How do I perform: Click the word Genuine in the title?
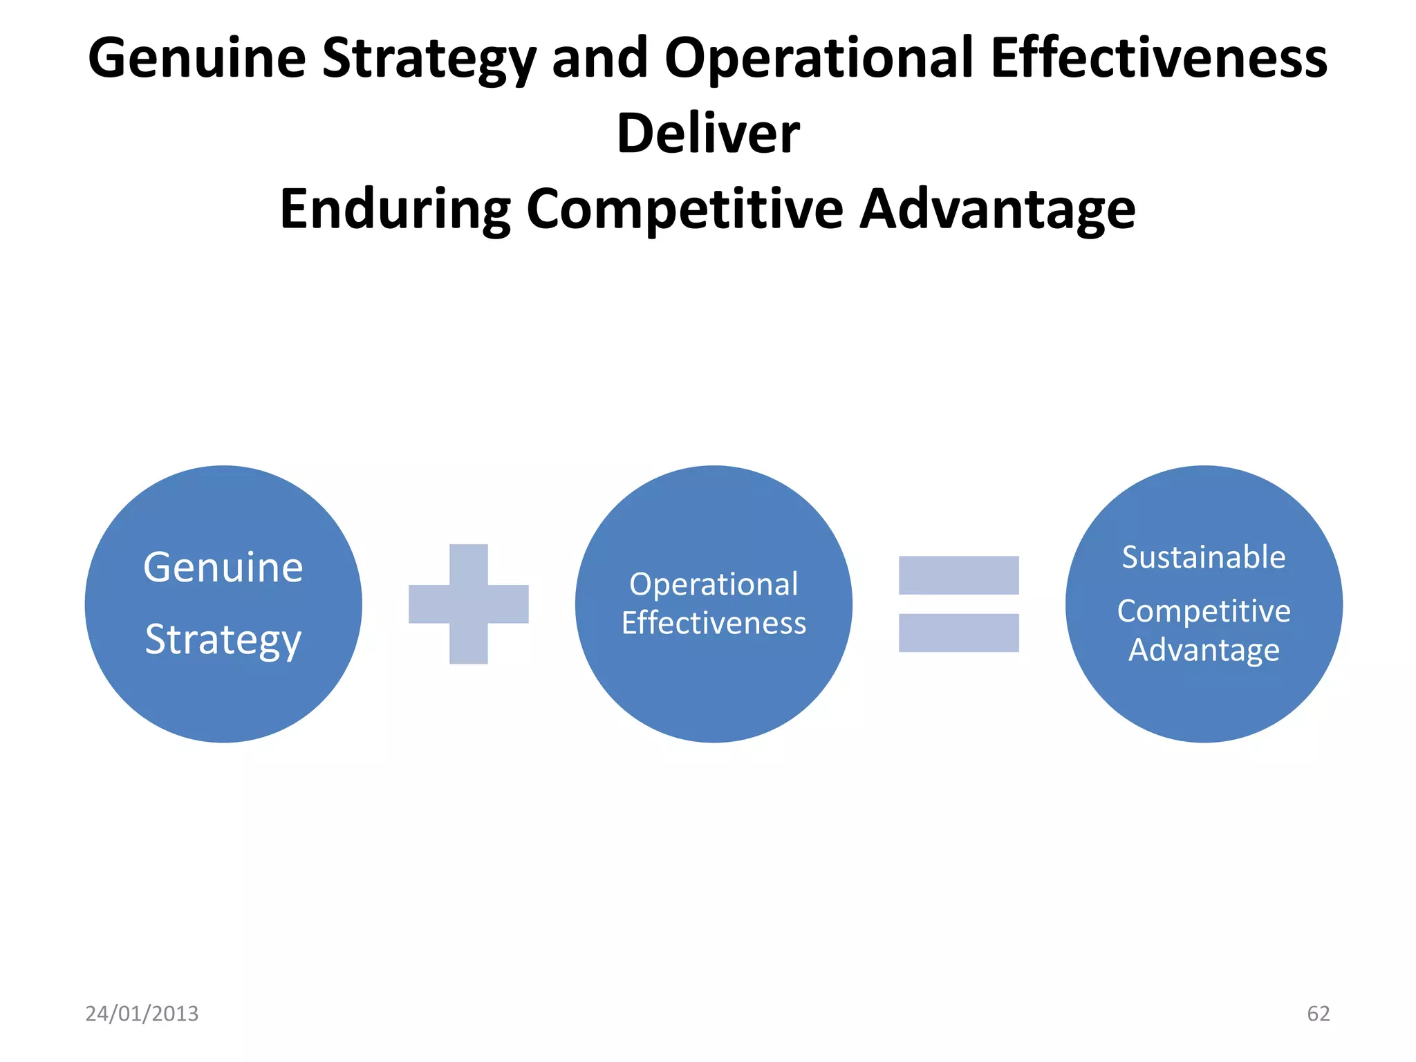click(197, 59)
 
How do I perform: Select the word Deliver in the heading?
click(708, 133)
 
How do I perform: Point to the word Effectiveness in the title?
click(1159, 59)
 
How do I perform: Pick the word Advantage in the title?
click(997, 209)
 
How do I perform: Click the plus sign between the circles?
click(469, 604)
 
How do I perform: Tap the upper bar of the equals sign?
click(958, 575)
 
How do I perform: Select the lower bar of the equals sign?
click(958, 633)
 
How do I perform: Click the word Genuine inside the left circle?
click(223, 568)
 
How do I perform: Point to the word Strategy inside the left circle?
click(223, 640)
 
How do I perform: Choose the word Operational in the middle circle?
click(714, 584)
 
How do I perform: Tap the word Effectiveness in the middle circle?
click(714, 623)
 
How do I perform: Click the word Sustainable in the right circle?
click(1204, 557)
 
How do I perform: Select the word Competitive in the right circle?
click(1204, 611)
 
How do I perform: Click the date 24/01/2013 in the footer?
click(142, 1014)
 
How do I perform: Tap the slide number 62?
click(1318, 1014)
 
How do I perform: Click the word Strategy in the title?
click(429, 59)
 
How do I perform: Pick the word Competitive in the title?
click(684, 209)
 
